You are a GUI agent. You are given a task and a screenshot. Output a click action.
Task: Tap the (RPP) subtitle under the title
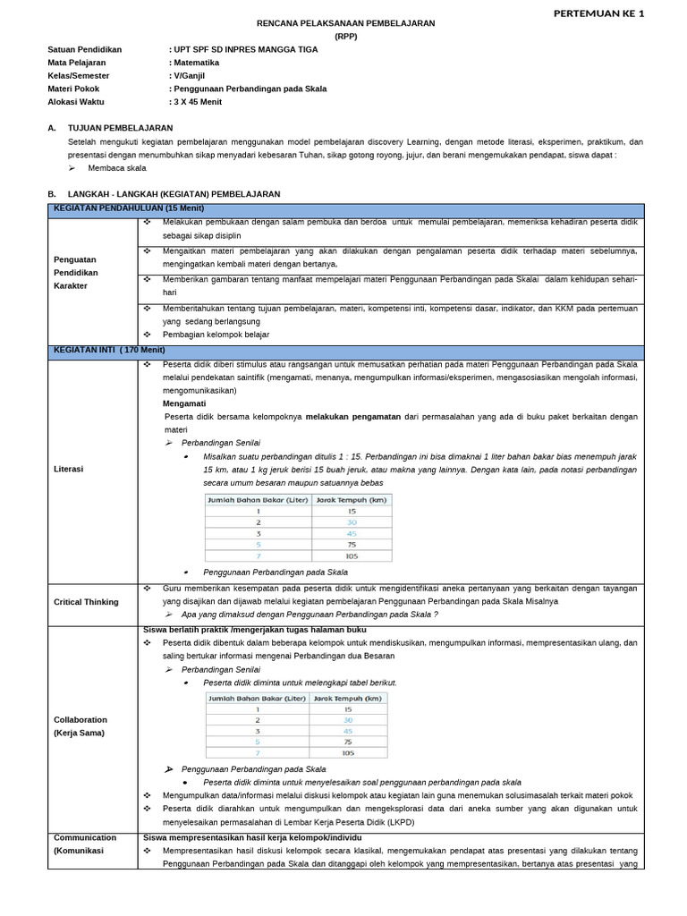[345, 37]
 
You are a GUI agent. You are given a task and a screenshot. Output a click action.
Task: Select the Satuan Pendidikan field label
[84, 50]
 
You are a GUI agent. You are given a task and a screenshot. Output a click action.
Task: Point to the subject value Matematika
[197, 63]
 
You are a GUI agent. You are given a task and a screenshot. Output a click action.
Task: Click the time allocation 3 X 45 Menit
[198, 102]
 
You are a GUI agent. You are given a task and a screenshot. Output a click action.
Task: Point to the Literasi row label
[69, 468]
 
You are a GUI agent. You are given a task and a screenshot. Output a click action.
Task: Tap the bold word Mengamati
[184, 403]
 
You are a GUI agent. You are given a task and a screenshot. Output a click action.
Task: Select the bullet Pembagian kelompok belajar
[216, 335]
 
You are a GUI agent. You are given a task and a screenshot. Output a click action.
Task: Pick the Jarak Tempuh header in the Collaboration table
[348, 699]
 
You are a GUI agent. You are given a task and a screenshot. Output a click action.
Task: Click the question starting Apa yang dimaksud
[310, 615]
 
